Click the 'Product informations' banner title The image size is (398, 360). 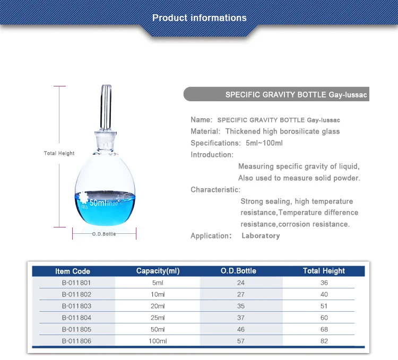point(199,18)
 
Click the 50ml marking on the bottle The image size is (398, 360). point(99,203)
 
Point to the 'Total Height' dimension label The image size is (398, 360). point(59,153)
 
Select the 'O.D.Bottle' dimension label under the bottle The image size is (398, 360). point(104,233)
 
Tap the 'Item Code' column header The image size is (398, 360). point(73,271)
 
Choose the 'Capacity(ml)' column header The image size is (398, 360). point(158,271)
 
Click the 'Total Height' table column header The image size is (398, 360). point(324,271)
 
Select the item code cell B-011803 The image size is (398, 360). point(76,306)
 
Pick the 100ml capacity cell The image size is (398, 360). point(158,341)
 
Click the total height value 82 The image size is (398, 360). point(324,341)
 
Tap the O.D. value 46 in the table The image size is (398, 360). point(241,329)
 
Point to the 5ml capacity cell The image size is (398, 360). point(158,283)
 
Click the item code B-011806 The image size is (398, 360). point(76,341)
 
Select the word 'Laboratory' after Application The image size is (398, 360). point(260,235)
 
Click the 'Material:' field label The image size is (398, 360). point(205,131)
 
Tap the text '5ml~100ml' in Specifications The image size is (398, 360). point(264,143)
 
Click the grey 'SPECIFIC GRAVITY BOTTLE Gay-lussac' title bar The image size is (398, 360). point(276,95)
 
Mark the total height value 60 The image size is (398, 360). point(324,318)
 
